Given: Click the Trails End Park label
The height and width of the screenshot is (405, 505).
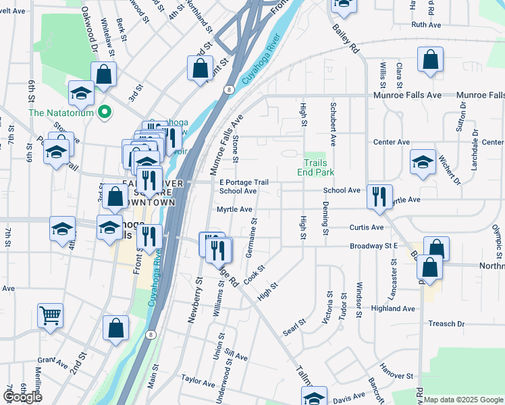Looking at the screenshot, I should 315,167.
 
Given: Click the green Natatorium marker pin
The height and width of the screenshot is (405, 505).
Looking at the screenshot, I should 104,111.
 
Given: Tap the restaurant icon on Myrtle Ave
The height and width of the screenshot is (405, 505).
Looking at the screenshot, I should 379,196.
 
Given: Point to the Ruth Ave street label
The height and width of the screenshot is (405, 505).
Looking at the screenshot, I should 425,24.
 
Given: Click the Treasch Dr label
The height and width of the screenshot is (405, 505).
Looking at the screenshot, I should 446,324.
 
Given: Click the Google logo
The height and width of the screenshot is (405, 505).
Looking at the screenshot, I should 22,397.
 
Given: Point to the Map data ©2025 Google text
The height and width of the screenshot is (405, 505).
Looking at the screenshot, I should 464,400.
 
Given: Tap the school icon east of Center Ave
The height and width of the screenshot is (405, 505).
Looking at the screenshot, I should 423,161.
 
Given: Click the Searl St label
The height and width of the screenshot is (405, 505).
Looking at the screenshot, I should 291,330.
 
